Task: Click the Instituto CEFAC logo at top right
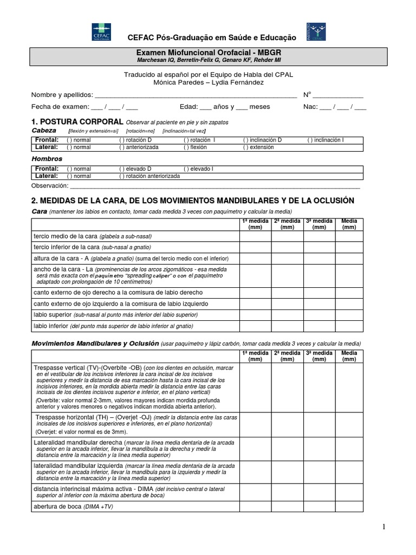point(315,31)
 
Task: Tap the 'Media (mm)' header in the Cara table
point(349,224)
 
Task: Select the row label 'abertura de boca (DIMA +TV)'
point(73,506)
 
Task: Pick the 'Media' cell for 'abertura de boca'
point(349,506)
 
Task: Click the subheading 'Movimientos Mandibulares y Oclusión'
point(95,344)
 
